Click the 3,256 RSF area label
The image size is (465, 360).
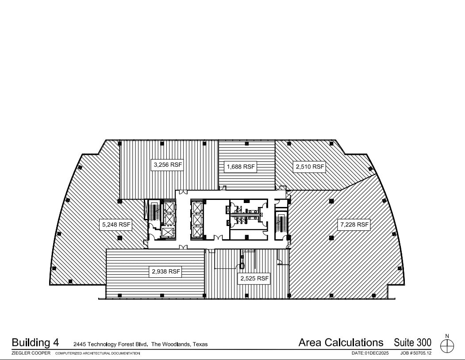click(168, 165)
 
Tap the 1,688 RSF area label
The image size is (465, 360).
click(241, 167)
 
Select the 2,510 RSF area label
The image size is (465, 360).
click(309, 167)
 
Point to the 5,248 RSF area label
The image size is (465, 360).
click(116, 225)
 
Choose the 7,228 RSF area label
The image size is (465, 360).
click(354, 224)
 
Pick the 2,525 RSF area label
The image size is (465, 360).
click(254, 279)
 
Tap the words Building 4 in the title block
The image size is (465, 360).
click(35, 342)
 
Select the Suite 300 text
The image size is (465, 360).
click(412, 342)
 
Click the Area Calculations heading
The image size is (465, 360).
click(341, 342)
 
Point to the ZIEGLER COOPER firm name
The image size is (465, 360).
click(31, 353)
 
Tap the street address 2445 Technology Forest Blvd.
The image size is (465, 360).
click(111, 344)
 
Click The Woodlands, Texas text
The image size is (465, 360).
click(180, 344)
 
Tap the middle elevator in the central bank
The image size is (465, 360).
click(197, 219)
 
